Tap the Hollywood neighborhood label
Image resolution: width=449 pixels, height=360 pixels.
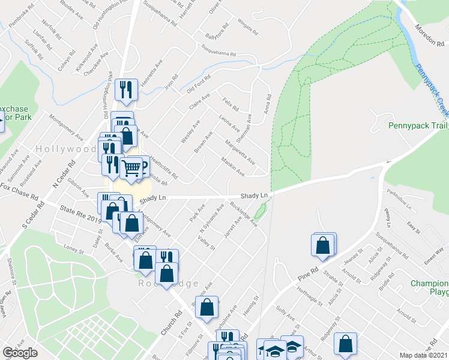click(66, 148)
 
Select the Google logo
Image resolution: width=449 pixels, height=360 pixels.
click(20, 353)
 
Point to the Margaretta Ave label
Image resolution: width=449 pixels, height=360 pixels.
click(240, 152)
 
